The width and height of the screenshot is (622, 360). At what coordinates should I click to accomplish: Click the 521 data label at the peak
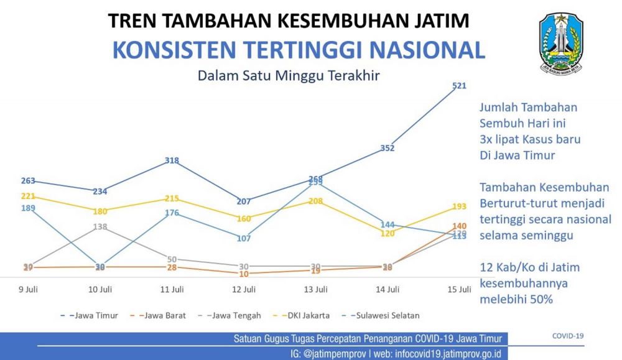pos(460,86)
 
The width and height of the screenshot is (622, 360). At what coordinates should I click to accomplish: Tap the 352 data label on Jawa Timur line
pos(388,148)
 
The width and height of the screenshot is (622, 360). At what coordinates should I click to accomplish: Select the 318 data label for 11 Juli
pos(172,160)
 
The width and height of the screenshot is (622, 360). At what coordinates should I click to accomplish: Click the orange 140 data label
pos(460,226)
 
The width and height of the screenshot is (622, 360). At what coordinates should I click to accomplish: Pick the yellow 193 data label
pos(460,206)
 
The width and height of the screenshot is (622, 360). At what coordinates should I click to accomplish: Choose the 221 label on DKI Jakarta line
pos(29,196)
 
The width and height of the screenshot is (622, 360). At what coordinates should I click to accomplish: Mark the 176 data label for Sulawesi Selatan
pos(172,213)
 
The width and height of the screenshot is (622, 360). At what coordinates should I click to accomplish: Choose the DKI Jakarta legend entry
pos(307,315)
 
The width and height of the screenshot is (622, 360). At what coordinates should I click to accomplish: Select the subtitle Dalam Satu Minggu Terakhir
pos(289,76)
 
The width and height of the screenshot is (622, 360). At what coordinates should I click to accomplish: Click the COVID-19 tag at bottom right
pos(568,336)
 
